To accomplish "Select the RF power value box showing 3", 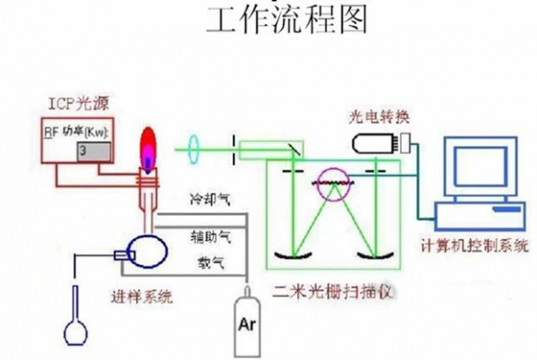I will (91, 150).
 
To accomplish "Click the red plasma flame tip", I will (148, 139).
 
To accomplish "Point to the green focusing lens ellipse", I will (193, 148).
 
